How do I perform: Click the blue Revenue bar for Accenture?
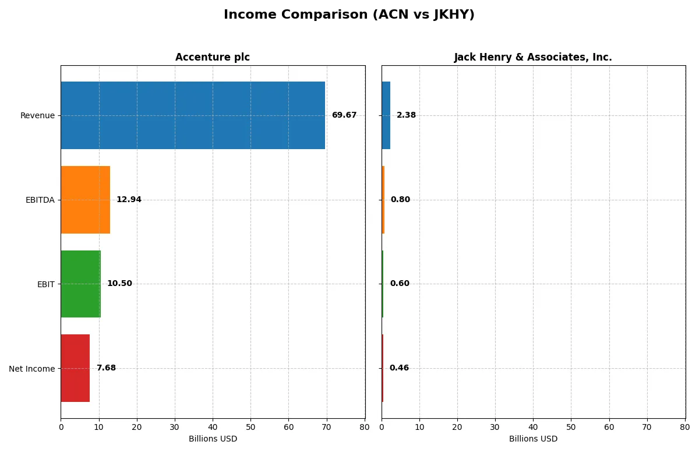193,115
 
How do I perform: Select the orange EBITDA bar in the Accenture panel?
86,200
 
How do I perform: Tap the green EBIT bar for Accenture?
81,284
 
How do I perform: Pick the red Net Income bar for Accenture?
75,368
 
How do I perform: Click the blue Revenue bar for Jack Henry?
386,115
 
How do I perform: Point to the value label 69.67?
344,115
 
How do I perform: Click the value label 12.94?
129,200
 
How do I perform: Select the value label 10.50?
119,284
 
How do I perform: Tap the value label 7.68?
106,368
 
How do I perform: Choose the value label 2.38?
406,115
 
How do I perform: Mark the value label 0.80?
400,200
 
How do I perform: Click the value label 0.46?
399,368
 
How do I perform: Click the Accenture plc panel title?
213,57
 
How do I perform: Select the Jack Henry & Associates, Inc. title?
533,57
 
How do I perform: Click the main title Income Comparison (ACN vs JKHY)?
349,15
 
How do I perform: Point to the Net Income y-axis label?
32,369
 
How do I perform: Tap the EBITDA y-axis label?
40,200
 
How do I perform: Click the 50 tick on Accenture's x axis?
250,427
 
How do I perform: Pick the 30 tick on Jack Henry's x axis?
495,427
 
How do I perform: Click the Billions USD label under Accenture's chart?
213,439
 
